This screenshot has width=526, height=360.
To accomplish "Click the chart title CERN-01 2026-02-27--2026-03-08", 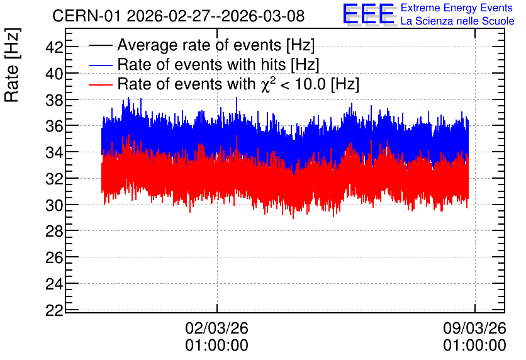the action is click(x=179, y=16).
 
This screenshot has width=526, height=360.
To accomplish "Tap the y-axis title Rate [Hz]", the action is click(x=12, y=65).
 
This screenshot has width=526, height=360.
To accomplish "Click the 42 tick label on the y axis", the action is click(x=54, y=47).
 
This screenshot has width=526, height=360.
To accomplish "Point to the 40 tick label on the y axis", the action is click(x=54, y=74).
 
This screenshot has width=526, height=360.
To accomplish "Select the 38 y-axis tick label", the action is click(x=54, y=99).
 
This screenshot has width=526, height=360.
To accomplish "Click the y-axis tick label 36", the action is click(x=54, y=126).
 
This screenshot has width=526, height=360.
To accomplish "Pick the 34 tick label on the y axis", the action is click(x=54, y=152).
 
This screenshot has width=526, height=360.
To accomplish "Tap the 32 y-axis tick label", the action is click(x=54, y=179).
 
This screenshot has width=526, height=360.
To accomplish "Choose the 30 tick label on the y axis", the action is click(x=54, y=205).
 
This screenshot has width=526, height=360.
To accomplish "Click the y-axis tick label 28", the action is click(x=54, y=232).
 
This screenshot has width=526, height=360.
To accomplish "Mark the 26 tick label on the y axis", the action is click(x=54, y=257).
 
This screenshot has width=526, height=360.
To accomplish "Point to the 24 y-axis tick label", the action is click(x=54, y=284).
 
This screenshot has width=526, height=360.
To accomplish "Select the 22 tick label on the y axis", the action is click(x=54, y=310).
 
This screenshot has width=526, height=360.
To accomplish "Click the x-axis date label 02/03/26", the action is click(x=216, y=328).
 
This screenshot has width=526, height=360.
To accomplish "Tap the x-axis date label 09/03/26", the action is click(x=474, y=328).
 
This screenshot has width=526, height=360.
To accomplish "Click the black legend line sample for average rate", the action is click(x=100, y=45).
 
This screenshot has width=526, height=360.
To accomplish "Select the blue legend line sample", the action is click(x=100, y=65).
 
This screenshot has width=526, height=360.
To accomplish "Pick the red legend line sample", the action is click(x=100, y=84).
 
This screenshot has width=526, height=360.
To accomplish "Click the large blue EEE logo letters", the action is click(x=369, y=14).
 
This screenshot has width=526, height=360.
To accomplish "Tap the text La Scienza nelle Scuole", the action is click(x=457, y=21).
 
